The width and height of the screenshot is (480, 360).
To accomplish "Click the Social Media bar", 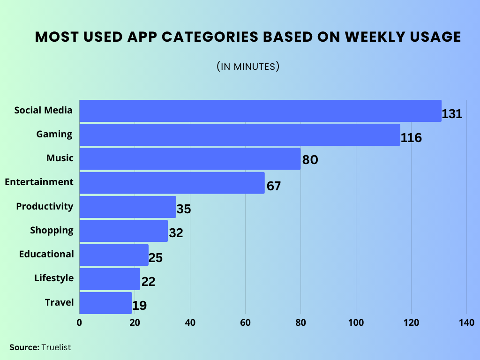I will pos(260,111).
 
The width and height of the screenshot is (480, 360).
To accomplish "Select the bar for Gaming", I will pos(240,135).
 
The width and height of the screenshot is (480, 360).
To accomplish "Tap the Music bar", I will pos(190,159).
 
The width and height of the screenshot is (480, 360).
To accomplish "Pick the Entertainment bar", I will pos(172,183).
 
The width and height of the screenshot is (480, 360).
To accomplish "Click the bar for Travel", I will pos(105,303).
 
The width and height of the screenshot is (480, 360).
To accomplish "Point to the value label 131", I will pos(452,114).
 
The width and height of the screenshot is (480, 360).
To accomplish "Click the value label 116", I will pos(412,138).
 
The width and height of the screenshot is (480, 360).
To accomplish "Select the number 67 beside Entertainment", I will pos(274,186).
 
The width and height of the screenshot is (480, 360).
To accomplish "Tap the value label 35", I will pos(184,209).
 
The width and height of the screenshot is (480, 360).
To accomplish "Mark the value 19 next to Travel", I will pos(140,306).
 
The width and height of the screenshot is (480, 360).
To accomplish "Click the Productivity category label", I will pos(45,206).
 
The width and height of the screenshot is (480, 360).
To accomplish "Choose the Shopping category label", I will pos(52,230).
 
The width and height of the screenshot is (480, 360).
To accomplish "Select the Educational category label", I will pos(46,254).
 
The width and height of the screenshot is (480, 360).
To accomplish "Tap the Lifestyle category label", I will pos(54,278).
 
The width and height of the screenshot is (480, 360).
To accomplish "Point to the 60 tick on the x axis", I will pos(245,322).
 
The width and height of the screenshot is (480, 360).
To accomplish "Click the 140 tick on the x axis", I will pos(466,322).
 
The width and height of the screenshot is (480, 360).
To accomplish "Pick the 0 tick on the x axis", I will pos(79,322).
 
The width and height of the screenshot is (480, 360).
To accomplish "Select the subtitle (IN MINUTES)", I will pos(248,67).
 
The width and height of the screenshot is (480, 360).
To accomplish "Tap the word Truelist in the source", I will pos(56,347).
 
